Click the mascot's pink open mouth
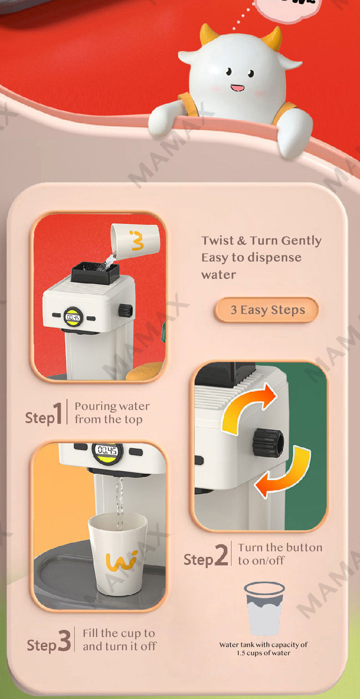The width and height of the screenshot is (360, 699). [x=237, y=88]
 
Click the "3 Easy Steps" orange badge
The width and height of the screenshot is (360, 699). [x=267, y=310]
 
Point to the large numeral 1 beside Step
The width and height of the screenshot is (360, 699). [x=58, y=413]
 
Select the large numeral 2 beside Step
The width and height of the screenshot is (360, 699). [x=222, y=554]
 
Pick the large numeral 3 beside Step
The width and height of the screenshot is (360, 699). [x=65, y=640]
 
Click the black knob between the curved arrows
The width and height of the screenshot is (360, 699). [x=268, y=443]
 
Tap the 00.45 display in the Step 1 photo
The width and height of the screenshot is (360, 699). [x=73, y=317]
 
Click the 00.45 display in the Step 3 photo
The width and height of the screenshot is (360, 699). [x=107, y=450]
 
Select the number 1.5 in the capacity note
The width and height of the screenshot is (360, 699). [x=241, y=653]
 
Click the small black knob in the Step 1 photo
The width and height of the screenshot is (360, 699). [x=125, y=311]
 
